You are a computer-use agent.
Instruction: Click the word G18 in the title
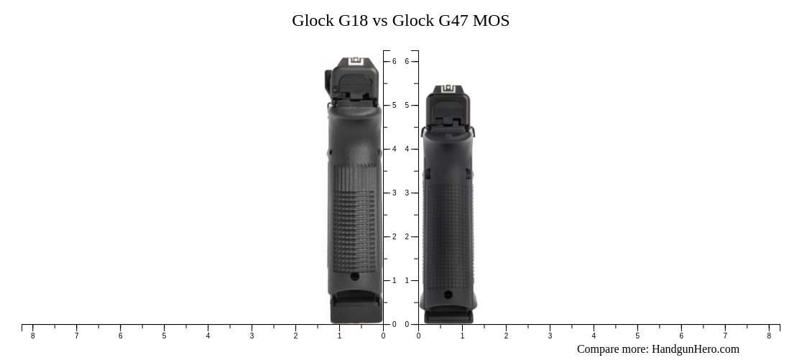tap(353, 21)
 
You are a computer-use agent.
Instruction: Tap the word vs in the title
tap(380, 21)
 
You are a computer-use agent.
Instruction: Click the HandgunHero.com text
tap(695, 349)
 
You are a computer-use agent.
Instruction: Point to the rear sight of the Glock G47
tap(447, 89)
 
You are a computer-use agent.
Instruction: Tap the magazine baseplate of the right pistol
tap(448, 315)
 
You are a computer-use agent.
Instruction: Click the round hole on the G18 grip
tap(354, 276)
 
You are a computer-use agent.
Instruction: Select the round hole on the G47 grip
tap(448, 295)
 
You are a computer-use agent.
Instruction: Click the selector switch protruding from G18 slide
tap(328, 81)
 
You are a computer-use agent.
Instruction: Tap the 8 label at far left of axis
tap(32, 336)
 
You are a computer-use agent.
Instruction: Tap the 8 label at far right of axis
tap(769, 336)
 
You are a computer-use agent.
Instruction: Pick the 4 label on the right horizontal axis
tap(594, 336)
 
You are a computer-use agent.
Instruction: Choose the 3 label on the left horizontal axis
tap(252, 336)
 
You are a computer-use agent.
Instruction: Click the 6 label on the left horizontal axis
tap(120, 336)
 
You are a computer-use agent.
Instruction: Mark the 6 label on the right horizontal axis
tap(681, 336)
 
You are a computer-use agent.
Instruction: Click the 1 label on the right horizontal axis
tap(462, 336)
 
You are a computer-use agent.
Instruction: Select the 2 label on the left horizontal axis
tap(295, 336)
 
